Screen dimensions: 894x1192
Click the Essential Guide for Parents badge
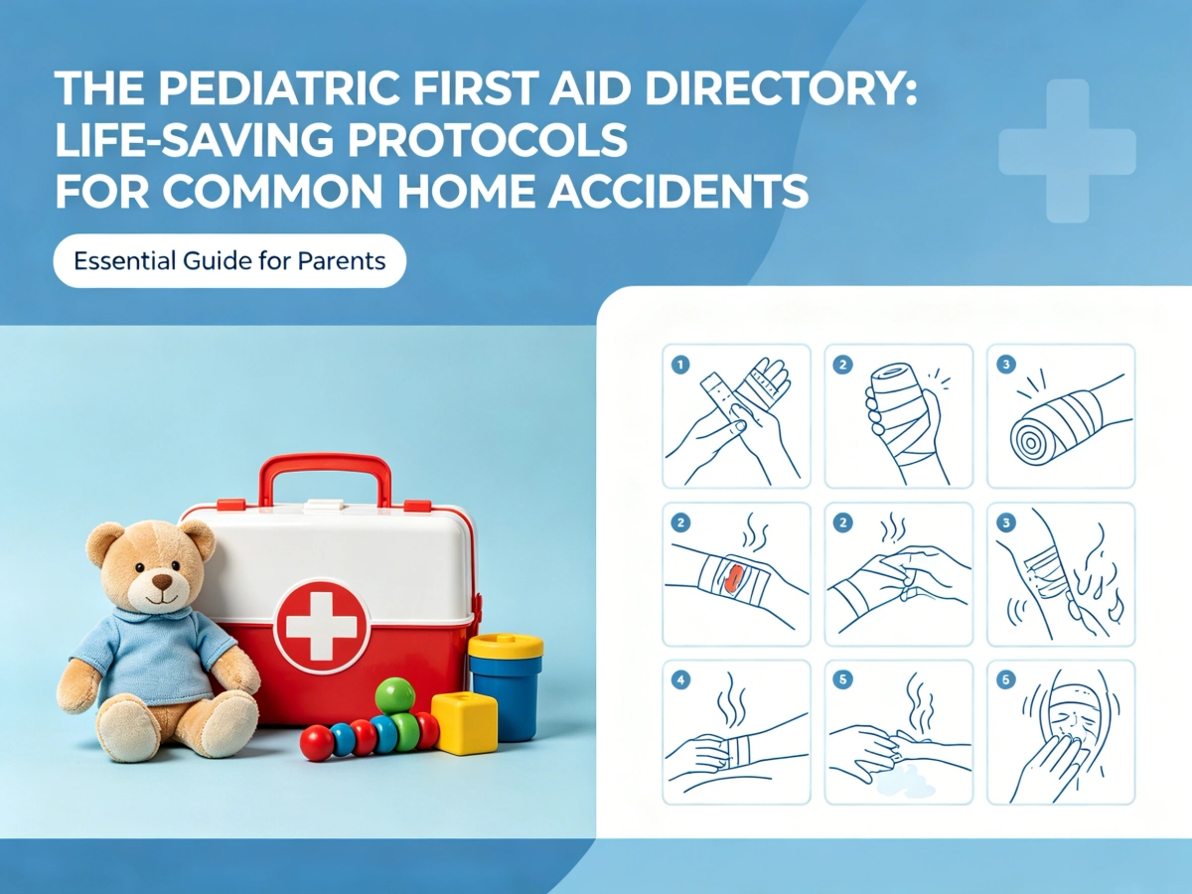click(x=229, y=261)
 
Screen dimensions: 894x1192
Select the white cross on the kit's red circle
click(x=322, y=625)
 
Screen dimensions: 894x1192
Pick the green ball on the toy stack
click(x=394, y=695)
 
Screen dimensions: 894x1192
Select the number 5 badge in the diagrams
click(x=844, y=680)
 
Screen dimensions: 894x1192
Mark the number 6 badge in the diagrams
click(x=1005, y=680)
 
